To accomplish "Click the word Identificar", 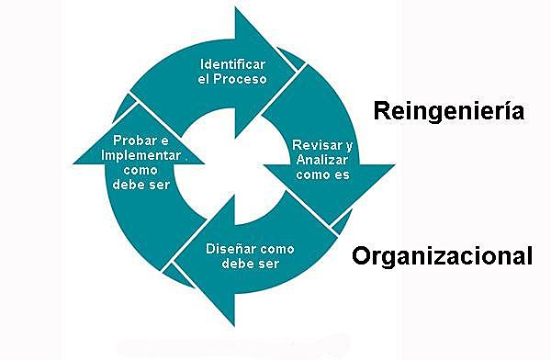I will (x=233, y=64).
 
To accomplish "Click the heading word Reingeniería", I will (x=449, y=111).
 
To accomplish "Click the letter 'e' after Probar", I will (x=165, y=141).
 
